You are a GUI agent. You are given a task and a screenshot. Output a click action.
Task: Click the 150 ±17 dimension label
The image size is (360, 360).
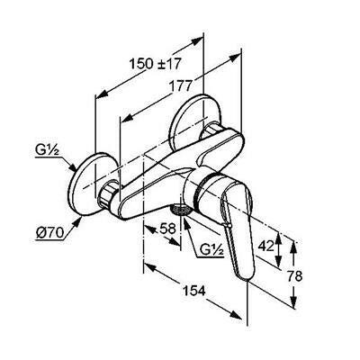[156, 64]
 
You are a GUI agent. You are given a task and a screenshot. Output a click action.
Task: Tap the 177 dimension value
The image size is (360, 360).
[179, 86]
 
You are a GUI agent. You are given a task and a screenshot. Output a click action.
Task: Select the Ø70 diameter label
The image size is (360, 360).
[49, 233]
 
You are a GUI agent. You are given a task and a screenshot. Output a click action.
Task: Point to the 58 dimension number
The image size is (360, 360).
[167, 229]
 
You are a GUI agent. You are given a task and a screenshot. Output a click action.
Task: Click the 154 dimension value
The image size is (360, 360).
[193, 291]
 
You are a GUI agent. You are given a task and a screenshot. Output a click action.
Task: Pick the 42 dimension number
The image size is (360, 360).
[266, 247]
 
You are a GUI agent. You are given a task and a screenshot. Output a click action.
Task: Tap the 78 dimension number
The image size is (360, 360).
[295, 276]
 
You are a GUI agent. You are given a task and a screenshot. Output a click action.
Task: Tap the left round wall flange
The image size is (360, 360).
[87, 184]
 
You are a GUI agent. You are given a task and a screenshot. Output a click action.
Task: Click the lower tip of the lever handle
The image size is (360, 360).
[247, 279]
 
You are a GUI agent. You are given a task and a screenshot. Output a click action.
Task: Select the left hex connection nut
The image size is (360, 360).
[108, 195]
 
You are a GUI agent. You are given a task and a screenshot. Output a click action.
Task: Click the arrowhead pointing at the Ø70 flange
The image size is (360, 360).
[77, 222]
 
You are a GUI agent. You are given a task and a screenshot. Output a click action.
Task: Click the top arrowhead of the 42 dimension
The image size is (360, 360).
[279, 238]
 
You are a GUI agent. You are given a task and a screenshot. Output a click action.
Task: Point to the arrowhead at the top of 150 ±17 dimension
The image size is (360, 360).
[197, 41]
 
